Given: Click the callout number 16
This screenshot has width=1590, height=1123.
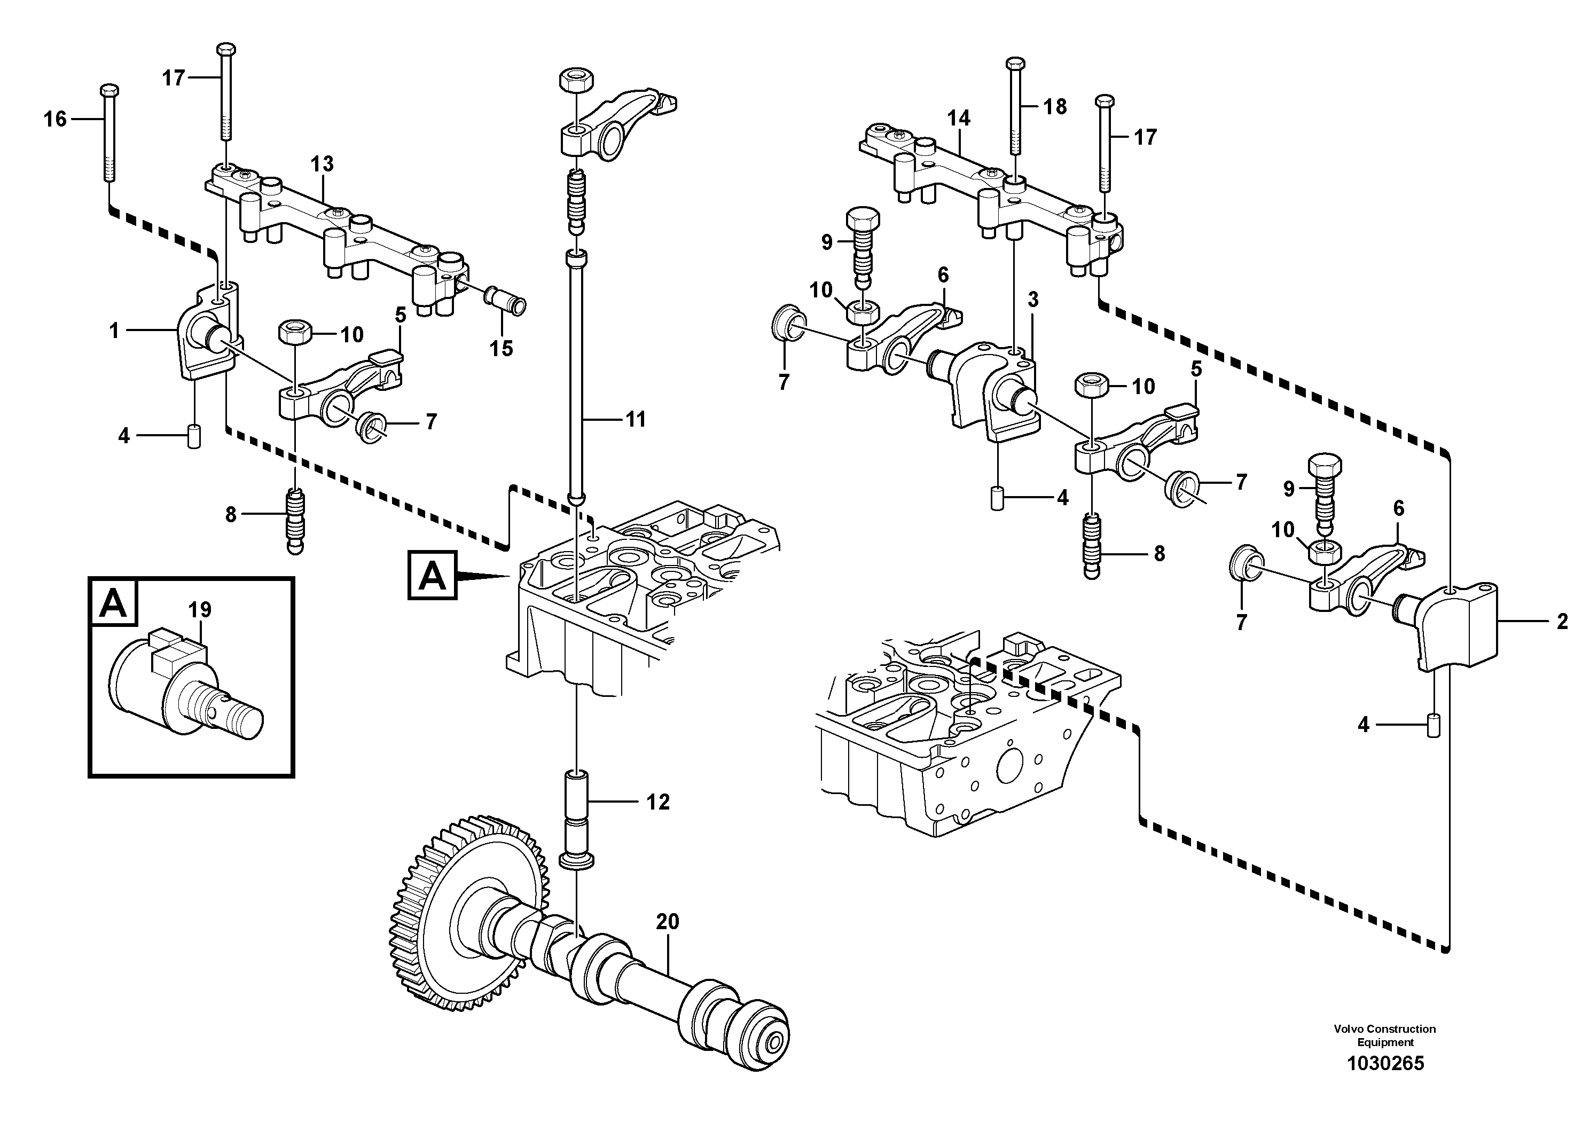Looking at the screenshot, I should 56,119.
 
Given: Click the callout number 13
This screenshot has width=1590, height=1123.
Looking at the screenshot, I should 322,164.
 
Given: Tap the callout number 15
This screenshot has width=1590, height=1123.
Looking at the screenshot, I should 502,348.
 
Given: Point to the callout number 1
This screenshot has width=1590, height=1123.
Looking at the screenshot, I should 114,331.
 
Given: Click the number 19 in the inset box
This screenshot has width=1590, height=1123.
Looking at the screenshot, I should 200,610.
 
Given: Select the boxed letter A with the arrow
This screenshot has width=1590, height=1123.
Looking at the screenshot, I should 433,575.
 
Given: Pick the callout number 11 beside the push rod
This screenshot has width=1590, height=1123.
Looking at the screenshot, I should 635,419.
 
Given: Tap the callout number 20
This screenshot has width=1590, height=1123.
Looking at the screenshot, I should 668,922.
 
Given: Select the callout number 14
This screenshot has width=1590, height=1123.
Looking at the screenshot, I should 959,119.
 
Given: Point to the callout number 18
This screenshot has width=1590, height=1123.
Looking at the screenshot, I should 1055,107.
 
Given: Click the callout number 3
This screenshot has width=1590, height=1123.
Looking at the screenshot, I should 1033,300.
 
